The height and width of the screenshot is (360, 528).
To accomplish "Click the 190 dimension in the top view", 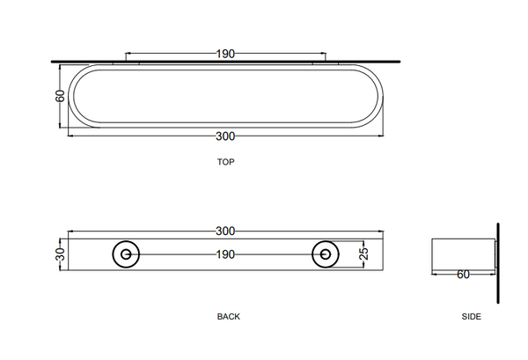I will [225, 54].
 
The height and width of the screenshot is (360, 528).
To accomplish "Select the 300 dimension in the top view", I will [225, 136].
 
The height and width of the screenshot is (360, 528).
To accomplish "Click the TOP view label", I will [225, 162].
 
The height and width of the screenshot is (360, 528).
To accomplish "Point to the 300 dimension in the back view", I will [225, 231].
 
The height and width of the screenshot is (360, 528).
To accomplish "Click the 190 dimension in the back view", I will [225, 254].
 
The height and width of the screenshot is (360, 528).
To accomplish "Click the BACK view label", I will [228, 316].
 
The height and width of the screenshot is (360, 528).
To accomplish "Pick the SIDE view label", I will [471, 316].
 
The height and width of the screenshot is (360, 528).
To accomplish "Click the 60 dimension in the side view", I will [462, 275].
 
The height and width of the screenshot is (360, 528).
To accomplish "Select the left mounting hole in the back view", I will [126, 254].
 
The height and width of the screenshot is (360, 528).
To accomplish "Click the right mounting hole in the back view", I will [326, 254].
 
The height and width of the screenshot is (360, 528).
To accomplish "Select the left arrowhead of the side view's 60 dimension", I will [434, 275].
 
